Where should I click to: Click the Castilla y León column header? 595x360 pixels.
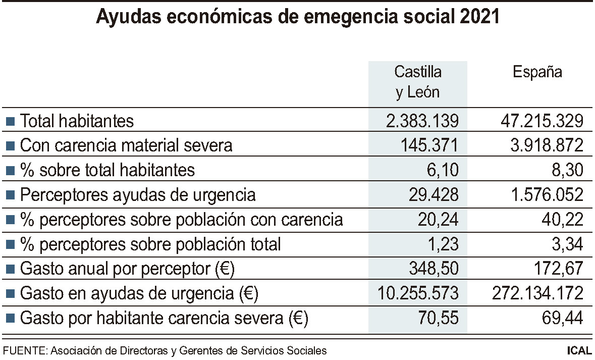(x=417, y=82)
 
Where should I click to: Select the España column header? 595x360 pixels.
(x=537, y=72)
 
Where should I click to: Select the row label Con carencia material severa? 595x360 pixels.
(x=126, y=146)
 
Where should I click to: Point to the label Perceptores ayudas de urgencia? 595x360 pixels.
(x=137, y=195)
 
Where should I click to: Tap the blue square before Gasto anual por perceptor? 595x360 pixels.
(x=10, y=270)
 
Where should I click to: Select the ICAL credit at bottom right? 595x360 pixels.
(x=579, y=350)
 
